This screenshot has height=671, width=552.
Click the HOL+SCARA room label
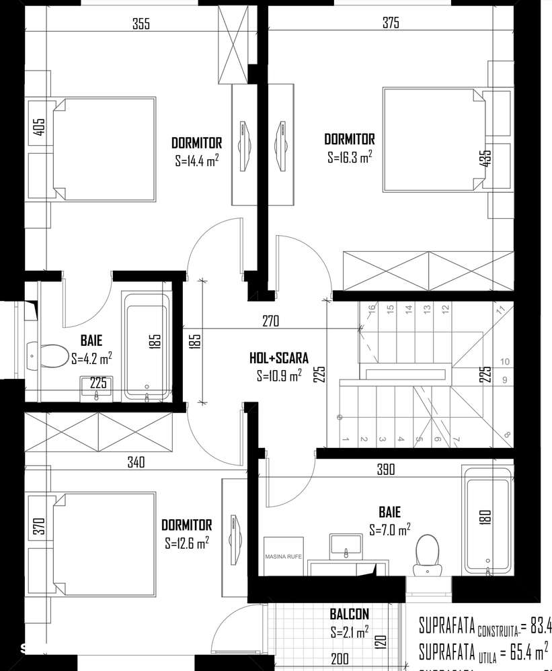[279, 359]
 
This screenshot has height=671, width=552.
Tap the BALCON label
[349, 614]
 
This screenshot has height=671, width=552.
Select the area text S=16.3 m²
[350, 157]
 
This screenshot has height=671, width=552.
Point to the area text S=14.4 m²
[197, 161]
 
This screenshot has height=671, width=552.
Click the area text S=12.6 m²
[186, 543]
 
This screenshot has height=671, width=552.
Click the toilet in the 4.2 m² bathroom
[47, 353]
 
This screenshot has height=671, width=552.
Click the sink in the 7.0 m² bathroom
[346, 545]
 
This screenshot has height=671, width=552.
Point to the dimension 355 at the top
[141, 24]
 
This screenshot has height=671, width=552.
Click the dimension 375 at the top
[391, 24]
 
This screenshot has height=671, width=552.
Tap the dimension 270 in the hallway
[270, 322]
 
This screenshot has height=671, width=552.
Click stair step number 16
[370, 310]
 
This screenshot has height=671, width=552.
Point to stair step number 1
[345, 439]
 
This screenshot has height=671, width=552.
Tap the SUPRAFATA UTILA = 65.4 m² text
[483, 651]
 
